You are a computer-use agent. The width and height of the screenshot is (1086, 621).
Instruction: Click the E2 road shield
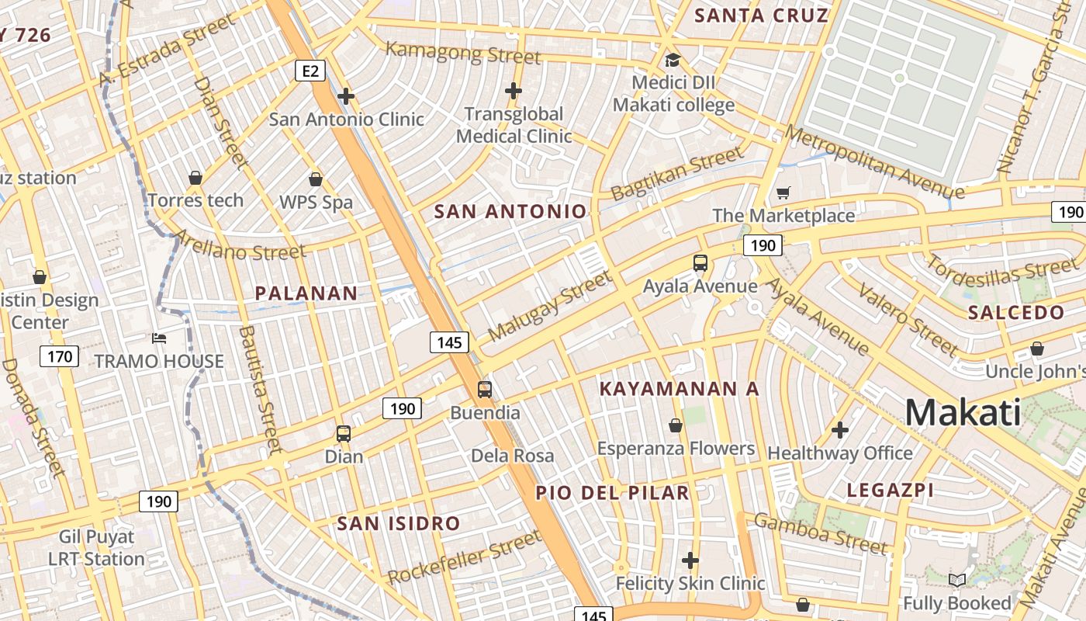pyautogui.click(x=310, y=71)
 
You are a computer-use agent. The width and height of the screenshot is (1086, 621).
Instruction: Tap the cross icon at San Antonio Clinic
pyautogui.click(x=346, y=96)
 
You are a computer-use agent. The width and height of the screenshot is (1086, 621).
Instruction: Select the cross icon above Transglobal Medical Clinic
pyautogui.click(x=513, y=91)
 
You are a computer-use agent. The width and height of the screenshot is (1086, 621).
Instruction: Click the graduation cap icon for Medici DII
pyautogui.click(x=673, y=60)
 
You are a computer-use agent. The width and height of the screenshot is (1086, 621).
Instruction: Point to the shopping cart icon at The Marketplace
pyautogui.click(x=783, y=193)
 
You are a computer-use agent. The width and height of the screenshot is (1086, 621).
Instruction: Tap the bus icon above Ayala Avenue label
pyautogui.click(x=700, y=263)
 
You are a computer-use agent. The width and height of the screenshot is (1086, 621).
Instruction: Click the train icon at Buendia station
pyautogui.click(x=484, y=390)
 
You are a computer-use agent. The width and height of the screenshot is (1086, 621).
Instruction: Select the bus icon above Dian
pyautogui.click(x=343, y=434)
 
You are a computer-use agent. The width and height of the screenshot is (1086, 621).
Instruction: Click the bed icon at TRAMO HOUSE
pyautogui.click(x=159, y=338)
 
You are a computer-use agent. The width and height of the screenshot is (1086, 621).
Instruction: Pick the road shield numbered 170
pyautogui.click(x=59, y=356)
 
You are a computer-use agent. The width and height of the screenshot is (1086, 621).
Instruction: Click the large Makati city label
pyautogui.click(x=963, y=412)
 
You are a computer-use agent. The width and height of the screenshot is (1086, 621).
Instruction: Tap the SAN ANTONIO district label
pyautogui.click(x=510, y=211)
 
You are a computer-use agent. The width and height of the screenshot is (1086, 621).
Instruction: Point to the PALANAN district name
pyautogui.click(x=306, y=293)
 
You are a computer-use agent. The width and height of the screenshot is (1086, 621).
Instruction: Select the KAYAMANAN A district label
pyautogui.click(x=679, y=389)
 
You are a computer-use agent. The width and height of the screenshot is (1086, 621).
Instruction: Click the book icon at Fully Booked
pyautogui.click(x=957, y=580)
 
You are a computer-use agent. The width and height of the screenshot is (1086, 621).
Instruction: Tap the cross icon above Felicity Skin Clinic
pyautogui.click(x=690, y=560)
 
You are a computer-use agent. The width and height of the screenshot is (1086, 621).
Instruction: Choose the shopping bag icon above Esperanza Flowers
pyautogui.click(x=676, y=425)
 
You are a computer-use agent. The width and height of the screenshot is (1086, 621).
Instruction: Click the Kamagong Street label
pyautogui.click(x=463, y=53)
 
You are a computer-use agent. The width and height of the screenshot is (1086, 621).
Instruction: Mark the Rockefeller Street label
pyautogui.click(x=464, y=557)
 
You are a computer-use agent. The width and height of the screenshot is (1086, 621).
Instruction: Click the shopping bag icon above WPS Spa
pyautogui.click(x=316, y=179)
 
